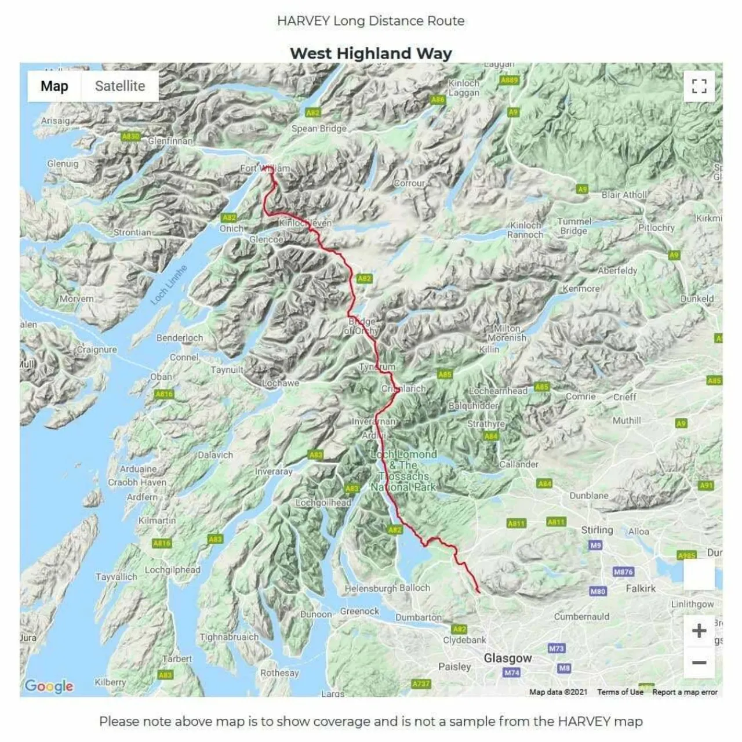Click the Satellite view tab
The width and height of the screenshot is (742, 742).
[x=119, y=86]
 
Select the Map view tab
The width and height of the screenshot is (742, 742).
[x=54, y=86]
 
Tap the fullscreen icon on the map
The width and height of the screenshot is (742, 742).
[x=699, y=86]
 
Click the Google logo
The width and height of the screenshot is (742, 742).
[x=49, y=686]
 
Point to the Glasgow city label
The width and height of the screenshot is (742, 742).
[x=507, y=658]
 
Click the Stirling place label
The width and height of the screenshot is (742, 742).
[x=596, y=530]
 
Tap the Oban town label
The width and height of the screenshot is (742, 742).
[x=161, y=376]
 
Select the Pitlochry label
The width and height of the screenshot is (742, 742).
[x=656, y=227]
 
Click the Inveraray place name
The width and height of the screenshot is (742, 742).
[x=274, y=471]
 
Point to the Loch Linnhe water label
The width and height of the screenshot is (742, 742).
[x=169, y=285]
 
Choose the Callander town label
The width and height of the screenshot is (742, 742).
[x=519, y=464]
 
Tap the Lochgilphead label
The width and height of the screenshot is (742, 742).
[x=172, y=570]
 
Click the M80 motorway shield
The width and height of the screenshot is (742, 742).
[x=598, y=591]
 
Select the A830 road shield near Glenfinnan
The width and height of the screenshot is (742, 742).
[x=130, y=136]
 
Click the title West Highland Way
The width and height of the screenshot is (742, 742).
[x=370, y=53]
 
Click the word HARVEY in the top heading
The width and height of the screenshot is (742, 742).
[x=303, y=21]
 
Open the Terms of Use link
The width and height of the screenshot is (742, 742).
[x=620, y=692]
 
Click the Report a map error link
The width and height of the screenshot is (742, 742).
[x=685, y=692]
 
